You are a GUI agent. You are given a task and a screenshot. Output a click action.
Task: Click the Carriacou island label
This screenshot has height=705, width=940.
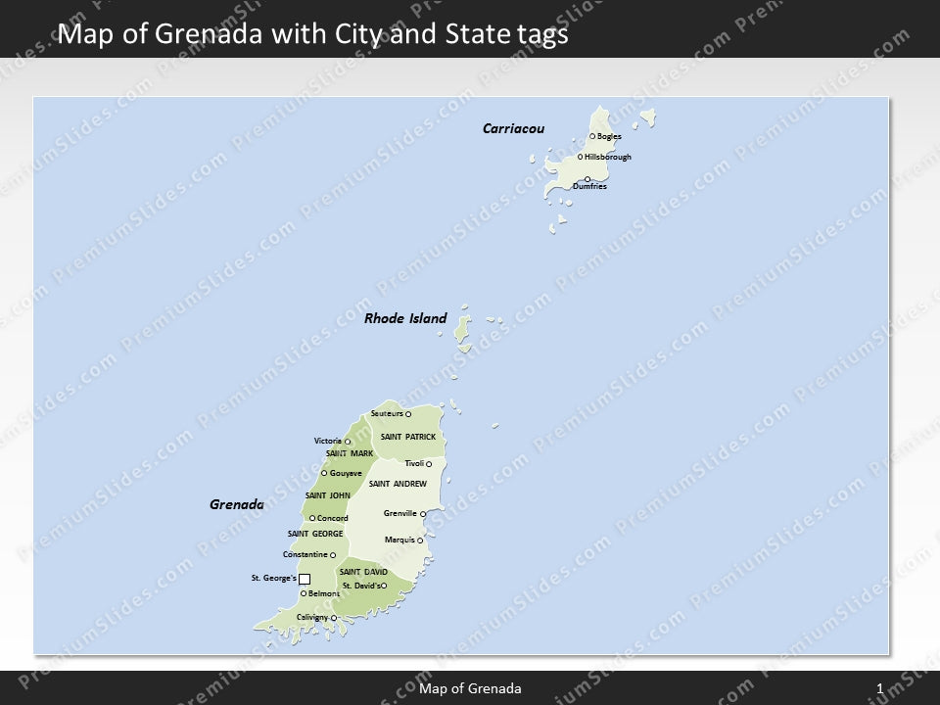[x=513, y=128]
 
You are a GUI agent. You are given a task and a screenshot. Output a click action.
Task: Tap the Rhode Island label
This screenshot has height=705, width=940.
[x=405, y=318]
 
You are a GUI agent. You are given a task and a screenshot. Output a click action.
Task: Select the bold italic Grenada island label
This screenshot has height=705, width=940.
[x=237, y=505]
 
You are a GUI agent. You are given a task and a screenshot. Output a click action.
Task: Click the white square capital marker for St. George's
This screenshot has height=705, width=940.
[x=305, y=579]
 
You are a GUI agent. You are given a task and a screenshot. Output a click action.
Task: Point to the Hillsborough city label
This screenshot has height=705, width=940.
[x=608, y=157]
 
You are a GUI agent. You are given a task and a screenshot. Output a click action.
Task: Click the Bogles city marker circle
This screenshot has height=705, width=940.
[x=592, y=136]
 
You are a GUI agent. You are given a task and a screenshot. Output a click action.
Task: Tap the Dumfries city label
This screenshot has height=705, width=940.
[x=590, y=186]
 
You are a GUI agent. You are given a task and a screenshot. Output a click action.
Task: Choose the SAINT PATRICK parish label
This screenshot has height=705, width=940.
[x=407, y=436]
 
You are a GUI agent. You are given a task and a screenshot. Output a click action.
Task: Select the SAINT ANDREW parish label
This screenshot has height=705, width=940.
[x=398, y=484]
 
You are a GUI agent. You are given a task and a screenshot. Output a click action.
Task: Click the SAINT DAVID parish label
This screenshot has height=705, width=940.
[x=363, y=572]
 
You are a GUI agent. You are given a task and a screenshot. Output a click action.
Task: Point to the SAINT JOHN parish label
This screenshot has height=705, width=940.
[x=327, y=495]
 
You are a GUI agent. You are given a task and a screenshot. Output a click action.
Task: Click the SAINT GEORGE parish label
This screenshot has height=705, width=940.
[x=315, y=534]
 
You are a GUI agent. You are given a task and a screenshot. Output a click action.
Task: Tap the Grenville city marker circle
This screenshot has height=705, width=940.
[x=423, y=513]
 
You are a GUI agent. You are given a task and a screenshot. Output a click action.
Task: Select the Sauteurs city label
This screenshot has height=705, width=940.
[x=387, y=413]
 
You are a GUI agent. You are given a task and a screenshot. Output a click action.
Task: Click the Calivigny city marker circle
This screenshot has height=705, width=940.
[x=334, y=618]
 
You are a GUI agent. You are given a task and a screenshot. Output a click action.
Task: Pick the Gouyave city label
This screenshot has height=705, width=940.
[x=346, y=473]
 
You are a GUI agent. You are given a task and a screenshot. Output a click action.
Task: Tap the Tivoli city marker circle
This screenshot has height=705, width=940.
[x=429, y=464]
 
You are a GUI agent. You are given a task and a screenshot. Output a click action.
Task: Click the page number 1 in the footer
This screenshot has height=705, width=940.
[x=880, y=689]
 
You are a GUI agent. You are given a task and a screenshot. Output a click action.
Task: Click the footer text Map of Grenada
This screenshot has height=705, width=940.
[x=470, y=689]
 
